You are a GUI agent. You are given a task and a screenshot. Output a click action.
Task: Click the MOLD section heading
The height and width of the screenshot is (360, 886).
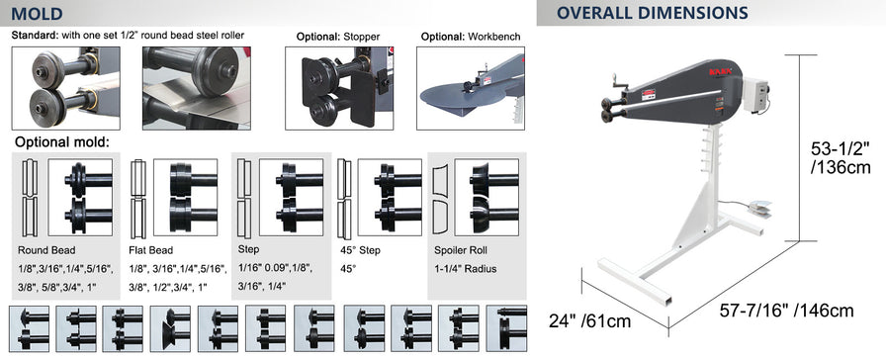37,13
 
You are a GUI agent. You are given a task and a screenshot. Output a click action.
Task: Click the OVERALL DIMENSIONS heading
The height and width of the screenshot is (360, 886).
652,13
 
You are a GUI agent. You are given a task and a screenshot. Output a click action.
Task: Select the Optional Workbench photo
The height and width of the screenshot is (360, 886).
471,88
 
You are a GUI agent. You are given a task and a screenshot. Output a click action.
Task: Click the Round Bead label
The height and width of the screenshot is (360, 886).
46,250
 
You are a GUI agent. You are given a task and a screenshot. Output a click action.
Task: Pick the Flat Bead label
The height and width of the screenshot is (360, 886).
151,250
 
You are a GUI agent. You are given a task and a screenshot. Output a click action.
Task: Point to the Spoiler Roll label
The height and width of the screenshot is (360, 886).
461,250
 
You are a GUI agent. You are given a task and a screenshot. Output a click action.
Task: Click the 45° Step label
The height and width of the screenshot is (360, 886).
360,250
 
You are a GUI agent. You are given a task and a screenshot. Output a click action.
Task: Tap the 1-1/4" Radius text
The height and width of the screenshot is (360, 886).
465,269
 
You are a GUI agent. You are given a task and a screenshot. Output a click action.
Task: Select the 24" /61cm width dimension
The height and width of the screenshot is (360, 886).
589,320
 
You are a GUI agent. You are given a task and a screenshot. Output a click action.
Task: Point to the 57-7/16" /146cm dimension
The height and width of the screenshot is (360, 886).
786,311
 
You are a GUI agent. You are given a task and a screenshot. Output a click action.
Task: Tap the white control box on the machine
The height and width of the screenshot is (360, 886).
754,95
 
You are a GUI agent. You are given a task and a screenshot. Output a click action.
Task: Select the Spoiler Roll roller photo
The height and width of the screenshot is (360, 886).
487,197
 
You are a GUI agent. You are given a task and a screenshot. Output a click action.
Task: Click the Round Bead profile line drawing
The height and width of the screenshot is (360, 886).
32,198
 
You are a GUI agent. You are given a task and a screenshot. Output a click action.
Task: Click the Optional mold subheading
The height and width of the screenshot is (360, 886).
61,141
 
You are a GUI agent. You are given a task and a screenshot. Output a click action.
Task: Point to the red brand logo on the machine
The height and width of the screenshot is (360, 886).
720,72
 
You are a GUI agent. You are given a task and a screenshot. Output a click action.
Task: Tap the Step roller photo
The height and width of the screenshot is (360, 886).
291,197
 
